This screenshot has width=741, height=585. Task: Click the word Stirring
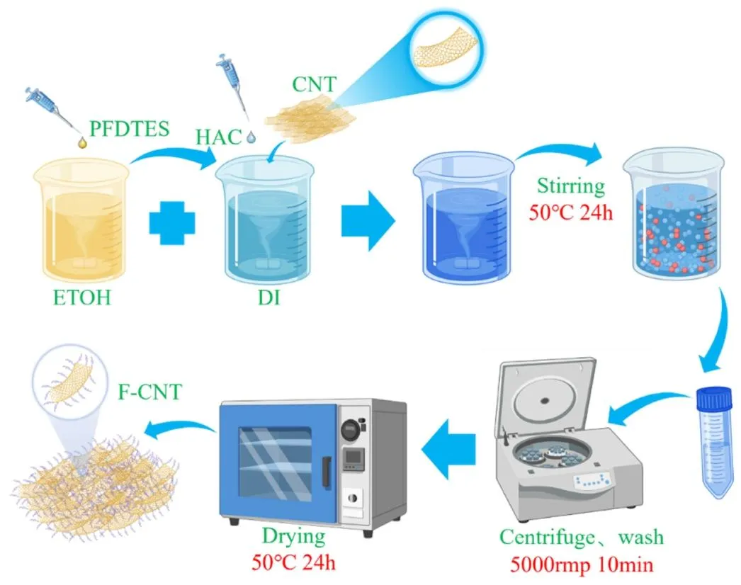coord(570,186)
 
